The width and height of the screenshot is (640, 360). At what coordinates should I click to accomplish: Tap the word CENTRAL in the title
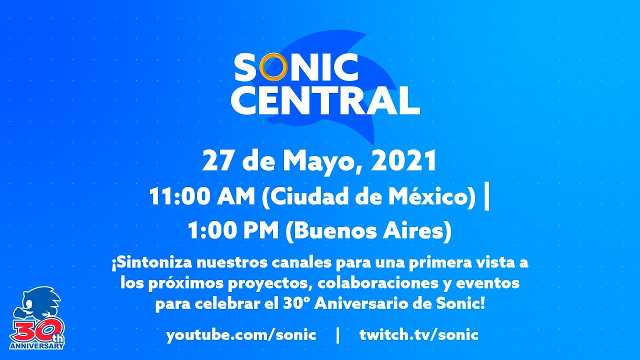click(325, 100)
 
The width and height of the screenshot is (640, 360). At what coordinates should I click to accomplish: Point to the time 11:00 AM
click(201, 196)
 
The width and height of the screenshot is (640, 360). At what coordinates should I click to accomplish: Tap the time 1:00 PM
click(233, 230)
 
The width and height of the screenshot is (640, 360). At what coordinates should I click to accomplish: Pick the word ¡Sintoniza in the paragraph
click(152, 263)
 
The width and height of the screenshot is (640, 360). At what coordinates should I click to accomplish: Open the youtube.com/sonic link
click(241, 335)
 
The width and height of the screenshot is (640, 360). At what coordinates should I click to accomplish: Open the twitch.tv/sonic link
click(419, 335)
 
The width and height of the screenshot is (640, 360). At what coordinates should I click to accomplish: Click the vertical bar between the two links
click(338, 335)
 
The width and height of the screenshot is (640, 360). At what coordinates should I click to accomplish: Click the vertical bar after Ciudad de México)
click(487, 197)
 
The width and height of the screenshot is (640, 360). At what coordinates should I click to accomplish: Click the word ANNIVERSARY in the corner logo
click(36, 346)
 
